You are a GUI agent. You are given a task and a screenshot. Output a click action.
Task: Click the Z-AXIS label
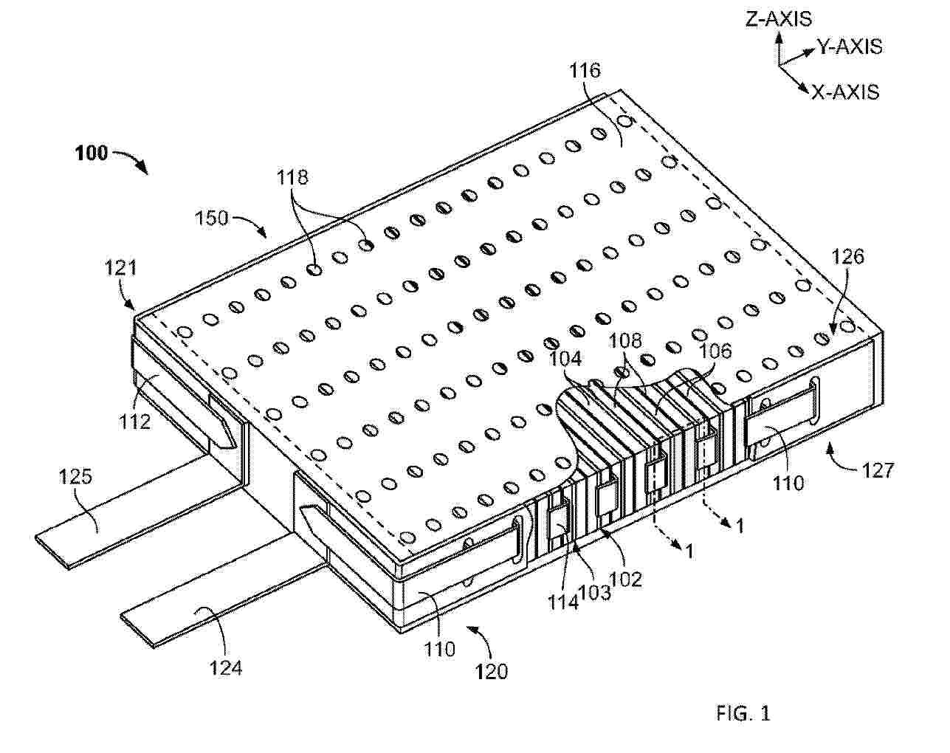click(x=778, y=19)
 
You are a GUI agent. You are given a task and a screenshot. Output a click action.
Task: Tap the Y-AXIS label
click(x=850, y=47)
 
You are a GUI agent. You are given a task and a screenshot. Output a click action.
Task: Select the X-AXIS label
click(x=845, y=92)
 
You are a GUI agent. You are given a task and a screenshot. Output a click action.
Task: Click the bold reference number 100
click(x=92, y=154)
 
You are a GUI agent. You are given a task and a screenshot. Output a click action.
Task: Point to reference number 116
click(x=585, y=71)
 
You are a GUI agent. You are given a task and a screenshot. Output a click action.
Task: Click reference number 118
click(x=292, y=177)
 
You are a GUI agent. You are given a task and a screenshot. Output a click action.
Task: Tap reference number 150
click(x=212, y=219)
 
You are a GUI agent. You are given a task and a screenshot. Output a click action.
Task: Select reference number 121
click(x=121, y=268)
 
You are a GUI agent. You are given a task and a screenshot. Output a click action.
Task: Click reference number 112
click(x=134, y=422)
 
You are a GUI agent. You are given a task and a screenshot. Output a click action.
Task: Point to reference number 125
click(x=75, y=478)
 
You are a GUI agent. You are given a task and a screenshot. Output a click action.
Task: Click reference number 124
click(x=226, y=668)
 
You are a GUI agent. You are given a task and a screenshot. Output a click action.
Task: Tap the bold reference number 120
click(x=492, y=672)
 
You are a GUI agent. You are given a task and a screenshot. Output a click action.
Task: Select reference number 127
click(x=877, y=471)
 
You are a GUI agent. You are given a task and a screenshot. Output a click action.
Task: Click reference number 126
click(x=847, y=257)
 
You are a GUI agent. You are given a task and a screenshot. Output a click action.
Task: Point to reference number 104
click(x=565, y=360)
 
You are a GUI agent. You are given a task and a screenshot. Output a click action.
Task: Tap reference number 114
click(x=563, y=602)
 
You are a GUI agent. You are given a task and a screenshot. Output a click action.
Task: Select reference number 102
click(x=625, y=579)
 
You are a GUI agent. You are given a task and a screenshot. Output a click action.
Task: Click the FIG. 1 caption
click(x=743, y=714)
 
